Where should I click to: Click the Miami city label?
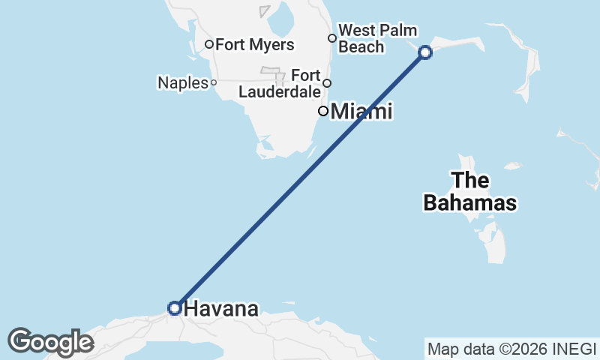click(x=361, y=112)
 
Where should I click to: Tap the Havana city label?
click(x=221, y=308)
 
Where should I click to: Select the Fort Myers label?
click(x=254, y=45)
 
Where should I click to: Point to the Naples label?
click(x=182, y=82)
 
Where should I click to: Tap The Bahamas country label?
click(x=470, y=191)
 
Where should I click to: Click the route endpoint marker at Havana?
click(x=174, y=307)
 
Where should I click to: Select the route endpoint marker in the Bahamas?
click(x=425, y=52)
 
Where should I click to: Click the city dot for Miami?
click(x=323, y=111)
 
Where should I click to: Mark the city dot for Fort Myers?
click(x=209, y=44)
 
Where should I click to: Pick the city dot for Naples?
click(x=214, y=82)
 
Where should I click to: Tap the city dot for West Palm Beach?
click(x=332, y=37)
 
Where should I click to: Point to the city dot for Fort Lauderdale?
click(x=327, y=82)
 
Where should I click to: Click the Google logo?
click(x=50, y=342)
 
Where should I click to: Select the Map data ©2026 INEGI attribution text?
click(x=511, y=349)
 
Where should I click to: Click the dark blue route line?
click(x=300, y=180)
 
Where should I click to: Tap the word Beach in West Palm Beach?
click(x=361, y=46)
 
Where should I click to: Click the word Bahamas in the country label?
click(x=470, y=202)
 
